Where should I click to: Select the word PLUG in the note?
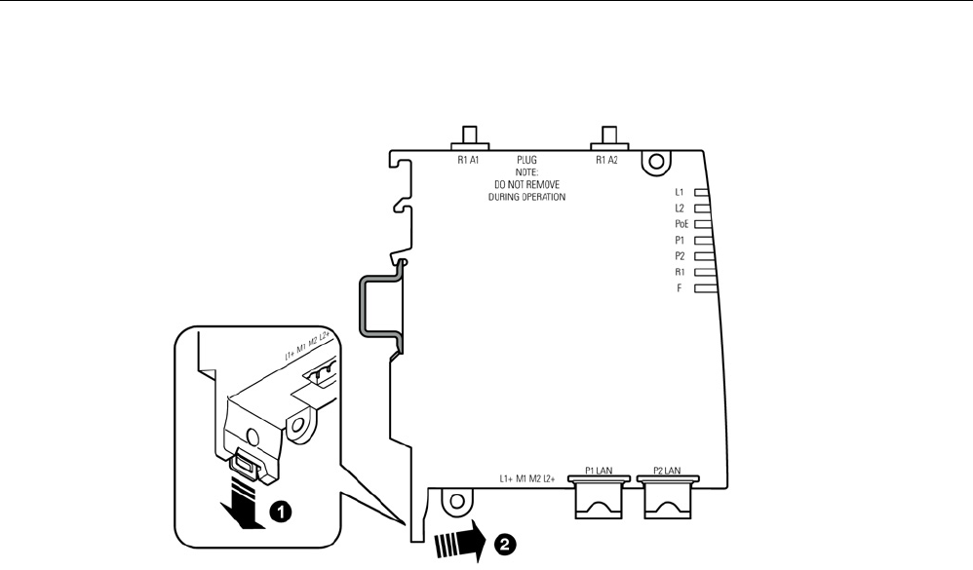526,158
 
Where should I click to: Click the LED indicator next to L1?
700,193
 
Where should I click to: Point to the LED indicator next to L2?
700,209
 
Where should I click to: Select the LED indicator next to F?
704,289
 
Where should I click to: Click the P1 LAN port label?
598,470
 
